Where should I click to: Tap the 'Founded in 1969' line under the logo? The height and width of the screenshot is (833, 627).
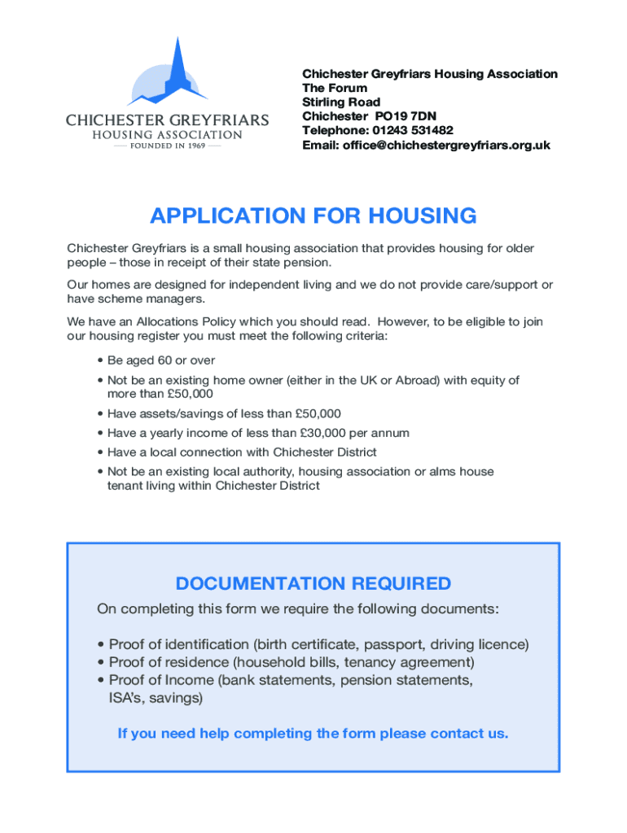(167, 146)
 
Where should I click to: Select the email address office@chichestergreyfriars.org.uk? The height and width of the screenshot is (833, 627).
(461, 145)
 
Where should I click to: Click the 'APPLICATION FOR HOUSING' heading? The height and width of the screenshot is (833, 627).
(313, 216)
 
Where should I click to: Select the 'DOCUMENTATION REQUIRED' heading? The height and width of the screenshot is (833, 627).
(313, 584)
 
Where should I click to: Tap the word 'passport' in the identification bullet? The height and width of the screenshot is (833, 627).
(393, 645)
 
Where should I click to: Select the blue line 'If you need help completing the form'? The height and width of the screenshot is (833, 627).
(313, 734)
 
